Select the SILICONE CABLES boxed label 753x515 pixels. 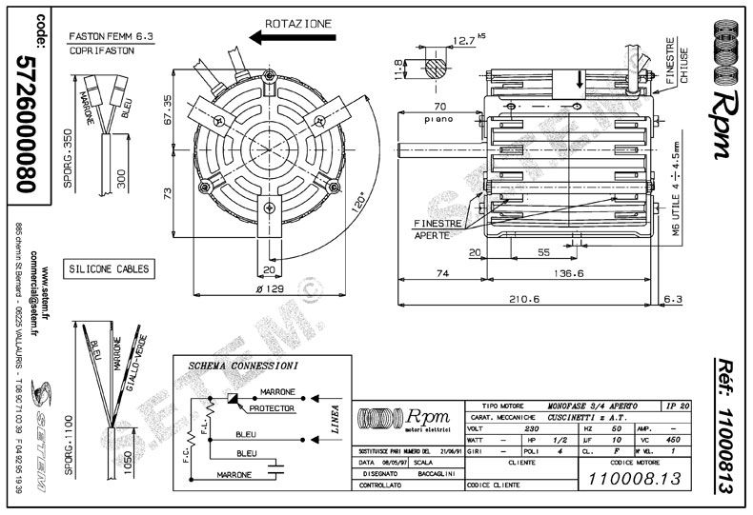coord(107,268)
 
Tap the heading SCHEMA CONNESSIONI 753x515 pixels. coord(242,366)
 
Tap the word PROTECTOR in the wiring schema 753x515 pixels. coord(270,407)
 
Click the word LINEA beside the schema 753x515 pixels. coord(334,419)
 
